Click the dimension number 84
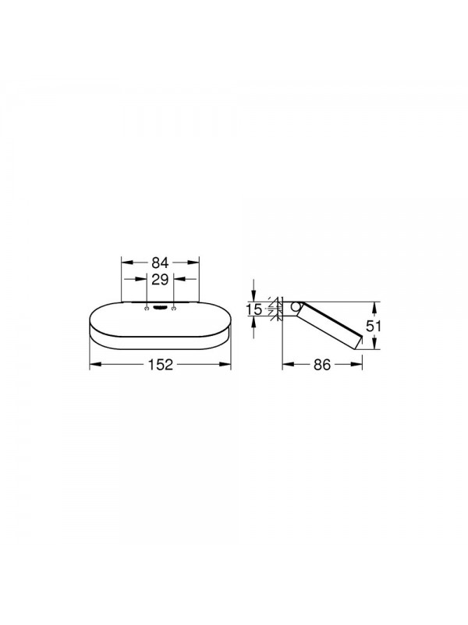tap(161, 262)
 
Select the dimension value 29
tap(161, 280)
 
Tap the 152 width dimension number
tap(161, 364)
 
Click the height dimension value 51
tap(374, 326)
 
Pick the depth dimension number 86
tap(322, 364)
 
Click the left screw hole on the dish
tap(147, 308)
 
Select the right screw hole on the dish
tap(174, 308)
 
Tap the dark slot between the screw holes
tap(161, 307)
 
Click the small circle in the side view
tap(296, 307)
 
